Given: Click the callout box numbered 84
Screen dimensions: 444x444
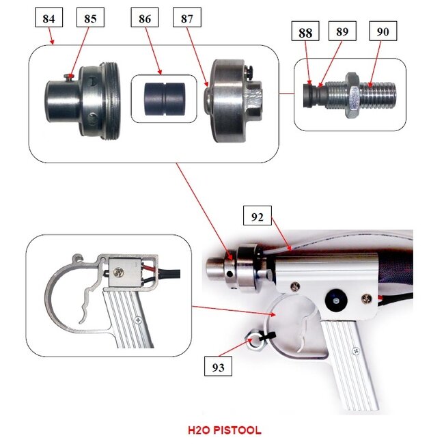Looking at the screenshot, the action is (x=49, y=18).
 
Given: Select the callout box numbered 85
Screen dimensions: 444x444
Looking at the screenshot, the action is (x=90, y=18).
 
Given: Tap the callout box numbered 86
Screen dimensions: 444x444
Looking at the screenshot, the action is (x=145, y=18).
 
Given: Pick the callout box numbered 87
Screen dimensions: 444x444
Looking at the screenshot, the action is (x=187, y=18).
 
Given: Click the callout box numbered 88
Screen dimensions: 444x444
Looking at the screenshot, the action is (x=305, y=31).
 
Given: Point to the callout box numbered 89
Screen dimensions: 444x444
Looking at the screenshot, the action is (x=342, y=31).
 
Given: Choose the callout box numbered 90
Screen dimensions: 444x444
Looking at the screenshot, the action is (x=383, y=31).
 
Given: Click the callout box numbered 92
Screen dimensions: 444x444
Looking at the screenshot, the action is (x=258, y=216).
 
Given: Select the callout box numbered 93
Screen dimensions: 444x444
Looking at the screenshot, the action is (x=219, y=366).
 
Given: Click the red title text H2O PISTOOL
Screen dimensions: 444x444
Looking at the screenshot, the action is (x=225, y=430).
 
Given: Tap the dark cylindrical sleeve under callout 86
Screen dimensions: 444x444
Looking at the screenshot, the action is (x=165, y=99).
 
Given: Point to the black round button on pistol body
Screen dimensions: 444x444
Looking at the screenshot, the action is (x=335, y=301).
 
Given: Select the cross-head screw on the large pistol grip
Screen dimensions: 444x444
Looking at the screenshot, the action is (x=355, y=351).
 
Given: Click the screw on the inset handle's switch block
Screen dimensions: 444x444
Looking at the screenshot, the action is (x=118, y=273).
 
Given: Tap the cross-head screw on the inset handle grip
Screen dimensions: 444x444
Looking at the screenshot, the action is (x=139, y=320).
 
